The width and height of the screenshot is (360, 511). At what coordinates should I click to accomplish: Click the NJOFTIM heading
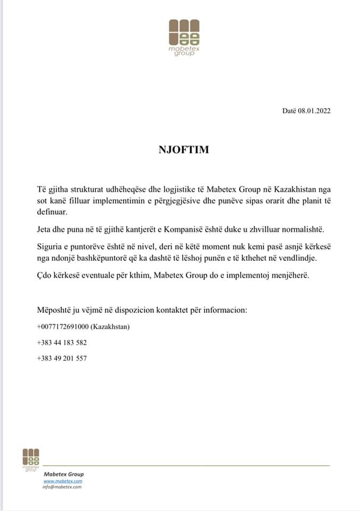(184, 150)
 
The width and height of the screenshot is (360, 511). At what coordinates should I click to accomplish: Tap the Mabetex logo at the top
(184, 38)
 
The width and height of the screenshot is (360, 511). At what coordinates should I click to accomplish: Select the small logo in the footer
(31, 459)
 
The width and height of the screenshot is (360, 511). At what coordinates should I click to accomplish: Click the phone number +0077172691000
(63, 326)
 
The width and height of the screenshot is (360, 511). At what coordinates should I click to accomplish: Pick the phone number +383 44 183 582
(62, 342)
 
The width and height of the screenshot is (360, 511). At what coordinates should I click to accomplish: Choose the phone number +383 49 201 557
(62, 358)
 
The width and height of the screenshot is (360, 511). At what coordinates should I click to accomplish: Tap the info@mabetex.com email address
(62, 487)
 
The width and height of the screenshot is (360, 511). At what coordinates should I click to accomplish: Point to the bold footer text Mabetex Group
(63, 474)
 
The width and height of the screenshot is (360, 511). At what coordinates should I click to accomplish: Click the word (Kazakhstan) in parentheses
(111, 326)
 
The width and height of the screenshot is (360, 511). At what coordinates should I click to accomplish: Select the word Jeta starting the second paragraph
(45, 229)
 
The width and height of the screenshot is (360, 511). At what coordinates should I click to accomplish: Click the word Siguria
(50, 248)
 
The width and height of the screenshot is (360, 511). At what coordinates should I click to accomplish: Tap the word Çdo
(45, 276)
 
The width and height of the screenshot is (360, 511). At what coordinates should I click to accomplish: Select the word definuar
(52, 212)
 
